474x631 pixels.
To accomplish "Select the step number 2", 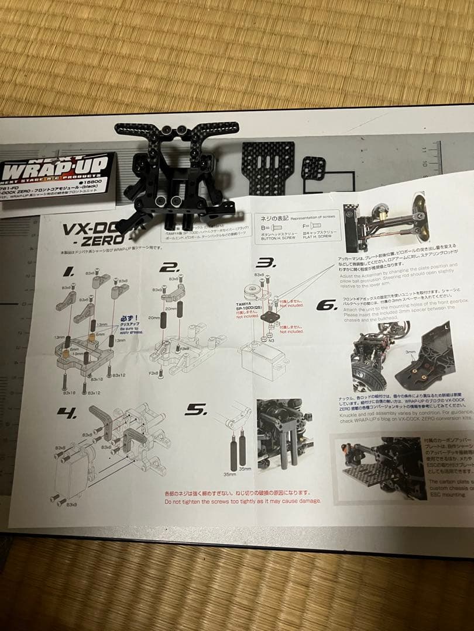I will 170,268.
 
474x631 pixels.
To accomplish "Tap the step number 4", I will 67,412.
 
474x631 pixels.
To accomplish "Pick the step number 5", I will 193,411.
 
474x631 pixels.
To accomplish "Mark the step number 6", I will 326,305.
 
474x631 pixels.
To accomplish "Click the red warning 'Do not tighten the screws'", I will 243,501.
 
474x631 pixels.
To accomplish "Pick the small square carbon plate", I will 315,169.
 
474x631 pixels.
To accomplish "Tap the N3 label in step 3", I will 272,341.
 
